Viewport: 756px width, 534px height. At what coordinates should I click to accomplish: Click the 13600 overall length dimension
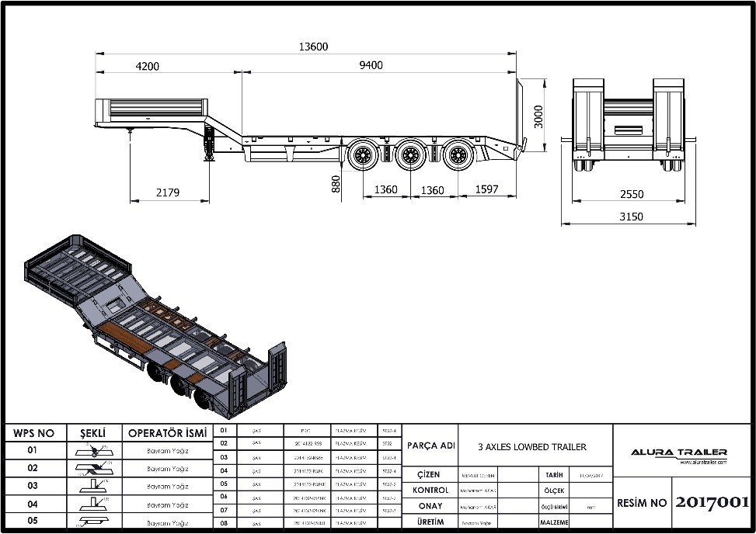point(314,47)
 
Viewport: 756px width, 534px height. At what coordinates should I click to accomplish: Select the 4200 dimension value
point(147,66)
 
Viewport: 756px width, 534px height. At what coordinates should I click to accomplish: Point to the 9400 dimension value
point(371,65)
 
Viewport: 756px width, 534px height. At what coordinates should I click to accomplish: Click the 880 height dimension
point(336,183)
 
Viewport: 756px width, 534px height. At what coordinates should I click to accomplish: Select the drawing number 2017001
point(712,502)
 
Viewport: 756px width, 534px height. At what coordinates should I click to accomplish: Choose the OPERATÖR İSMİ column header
point(167,433)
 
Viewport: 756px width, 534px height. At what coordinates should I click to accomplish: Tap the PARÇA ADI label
point(431,446)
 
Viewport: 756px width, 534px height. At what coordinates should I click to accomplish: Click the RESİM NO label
point(643,503)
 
